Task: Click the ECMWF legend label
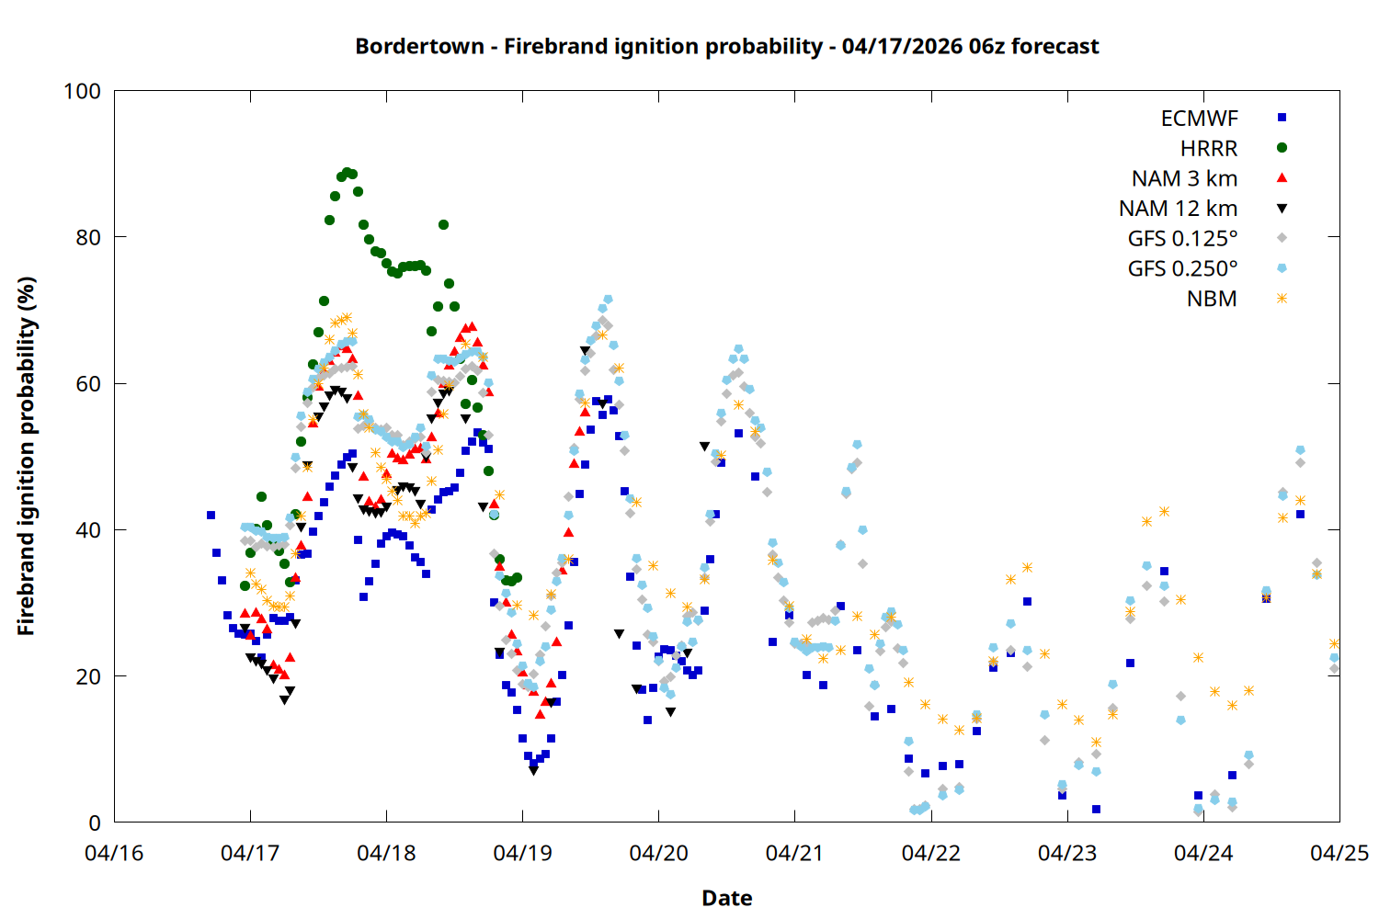tap(1199, 119)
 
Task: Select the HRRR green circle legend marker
tap(1282, 148)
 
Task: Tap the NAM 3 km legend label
tap(1184, 178)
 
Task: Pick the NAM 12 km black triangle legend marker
tap(1282, 209)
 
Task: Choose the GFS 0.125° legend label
tap(1182, 239)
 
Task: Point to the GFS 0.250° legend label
tap(1182, 269)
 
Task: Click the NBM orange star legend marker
tap(1282, 299)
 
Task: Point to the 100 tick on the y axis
tap(82, 91)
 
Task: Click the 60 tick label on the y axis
tap(88, 384)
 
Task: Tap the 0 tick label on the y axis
tap(95, 823)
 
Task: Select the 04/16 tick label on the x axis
tap(114, 853)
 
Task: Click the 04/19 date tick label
tap(522, 853)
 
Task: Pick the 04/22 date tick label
tap(930, 853)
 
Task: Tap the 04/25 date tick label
tap(1339, 853)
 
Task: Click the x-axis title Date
tap(726, 898)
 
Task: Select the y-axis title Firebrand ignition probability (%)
tap(26, 456)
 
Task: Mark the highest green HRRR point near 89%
tap(347, 172)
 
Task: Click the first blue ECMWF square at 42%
tap(211, 515)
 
